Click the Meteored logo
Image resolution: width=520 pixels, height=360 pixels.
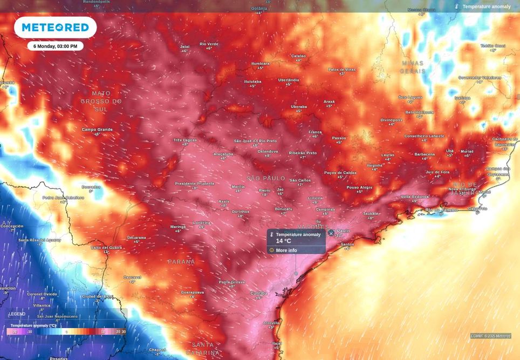pos(55,27)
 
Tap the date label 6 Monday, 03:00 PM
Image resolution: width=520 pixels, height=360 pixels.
pos(55,46)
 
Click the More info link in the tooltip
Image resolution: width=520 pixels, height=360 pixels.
pos(286,250)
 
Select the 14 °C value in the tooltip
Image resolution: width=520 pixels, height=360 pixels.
pos(284,241)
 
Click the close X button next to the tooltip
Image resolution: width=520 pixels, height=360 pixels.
pos(331,233)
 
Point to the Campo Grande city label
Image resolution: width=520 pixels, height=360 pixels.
pos(97,130)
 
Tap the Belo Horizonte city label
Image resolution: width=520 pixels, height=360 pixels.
pos(419,112)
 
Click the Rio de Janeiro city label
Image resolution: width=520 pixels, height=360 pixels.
pos(442,209)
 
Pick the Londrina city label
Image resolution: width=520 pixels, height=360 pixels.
pos(201,222)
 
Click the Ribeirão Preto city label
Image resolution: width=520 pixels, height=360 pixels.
pos(303,153)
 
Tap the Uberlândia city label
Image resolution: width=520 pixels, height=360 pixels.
pos(289,80)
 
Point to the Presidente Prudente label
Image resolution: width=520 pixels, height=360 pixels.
pos(194,184)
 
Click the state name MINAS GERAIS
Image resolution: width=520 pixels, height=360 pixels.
pos(413,67)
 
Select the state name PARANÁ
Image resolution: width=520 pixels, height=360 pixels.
pos(181,261)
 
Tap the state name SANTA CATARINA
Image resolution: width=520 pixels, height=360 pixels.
pos(203,348)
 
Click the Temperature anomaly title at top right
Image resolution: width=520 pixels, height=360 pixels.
pos(486,6)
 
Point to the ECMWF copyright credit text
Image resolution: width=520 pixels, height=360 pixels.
pos(490,336)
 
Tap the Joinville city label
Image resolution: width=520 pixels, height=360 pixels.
pos(271,323)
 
